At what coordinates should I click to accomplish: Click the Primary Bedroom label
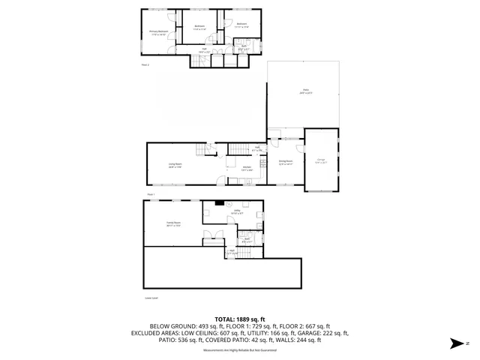(157, 32)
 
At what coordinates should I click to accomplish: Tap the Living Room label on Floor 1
(175, 167)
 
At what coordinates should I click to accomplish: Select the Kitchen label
(247, 169)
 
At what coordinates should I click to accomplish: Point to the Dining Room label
(286, 162)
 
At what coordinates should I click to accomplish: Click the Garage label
(320, 160)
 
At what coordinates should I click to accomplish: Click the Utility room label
(236, 212)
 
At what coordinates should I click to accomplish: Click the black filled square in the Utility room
(220, 202)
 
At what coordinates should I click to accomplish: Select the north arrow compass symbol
(454, 343)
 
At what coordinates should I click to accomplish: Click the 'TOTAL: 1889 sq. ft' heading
(240, 319)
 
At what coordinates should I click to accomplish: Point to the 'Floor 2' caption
(145, 65)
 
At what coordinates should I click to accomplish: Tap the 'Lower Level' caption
(150, 298)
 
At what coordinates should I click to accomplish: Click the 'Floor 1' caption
(150, 193)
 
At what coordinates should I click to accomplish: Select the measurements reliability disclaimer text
(240, 350)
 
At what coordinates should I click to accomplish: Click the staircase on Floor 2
(200, 61)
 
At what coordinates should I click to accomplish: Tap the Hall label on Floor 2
(203, 49)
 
